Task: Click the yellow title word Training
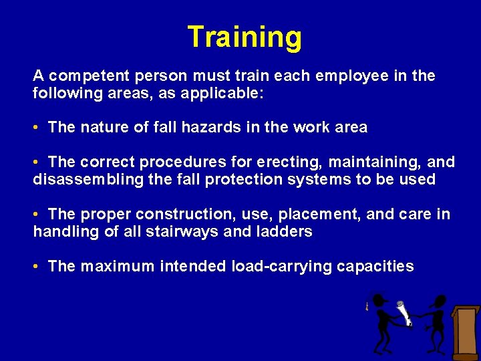[244, 37]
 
